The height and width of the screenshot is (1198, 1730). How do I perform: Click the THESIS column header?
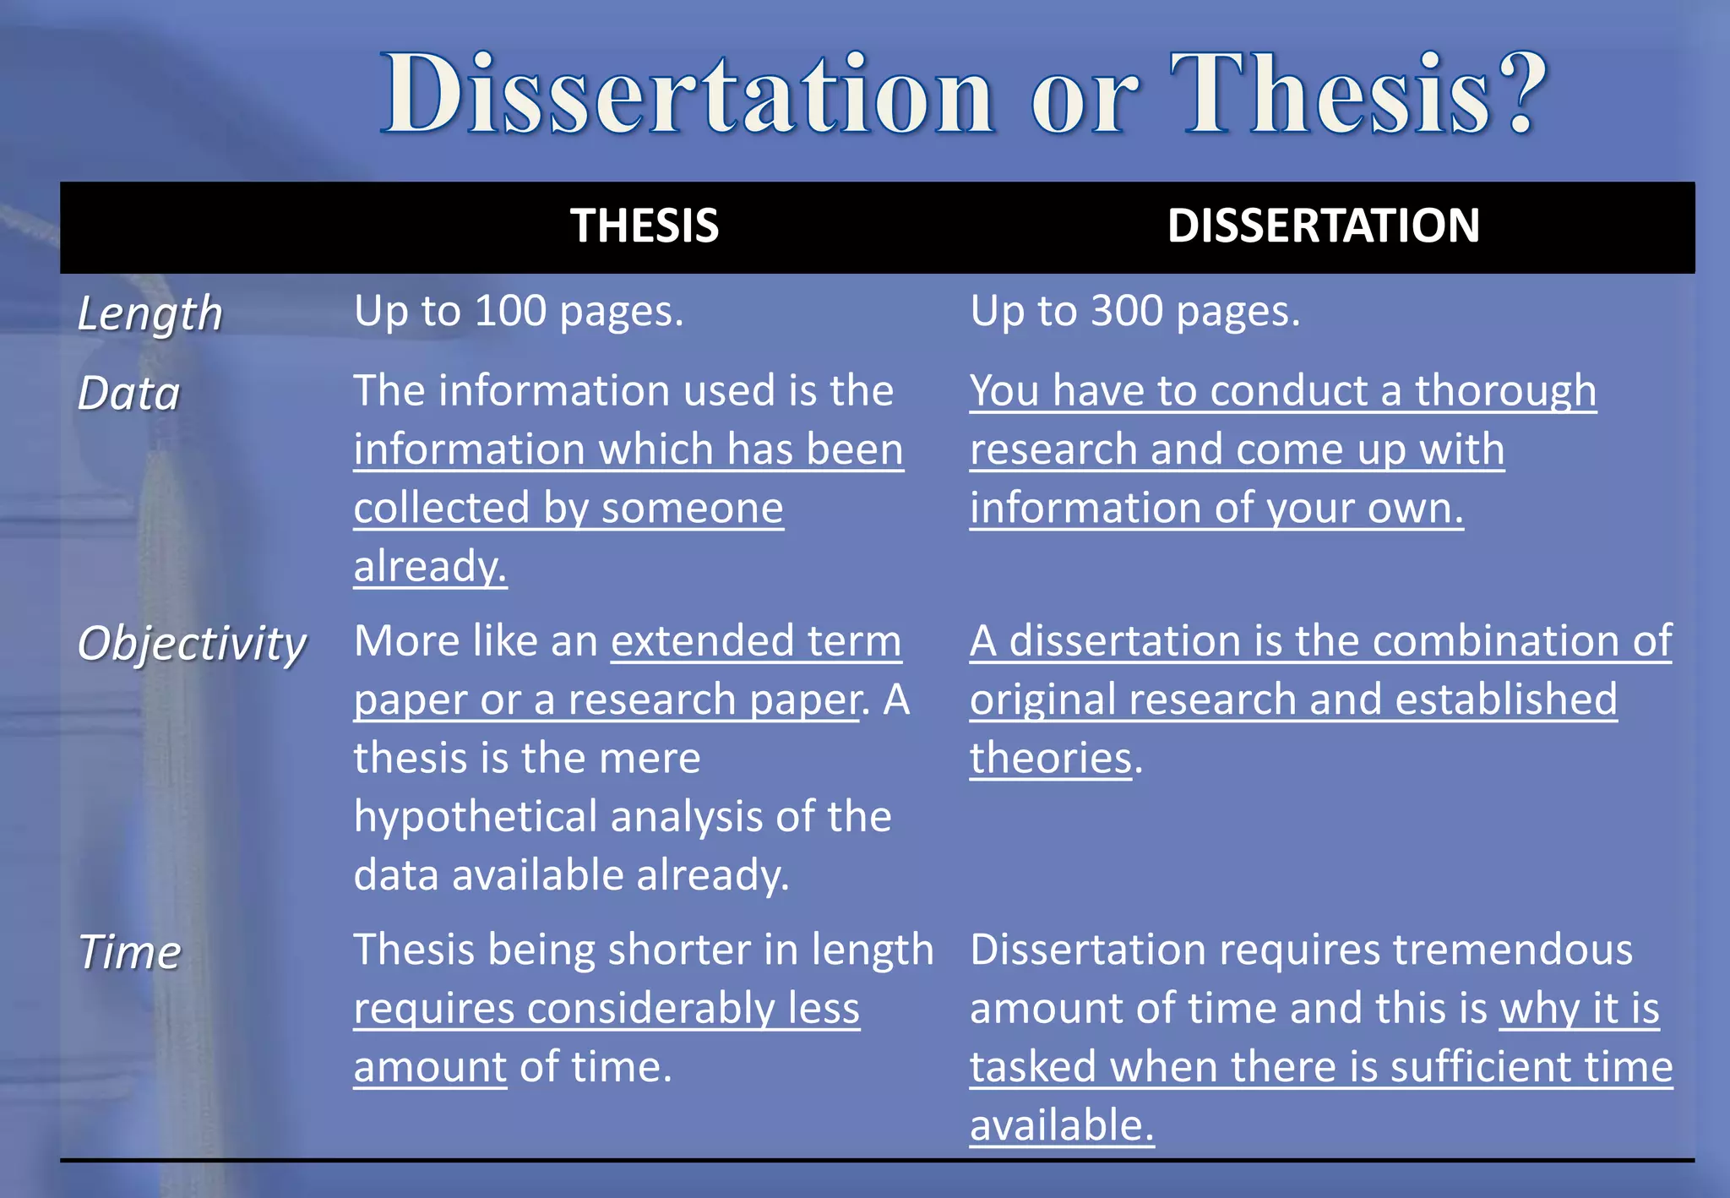[645, 226]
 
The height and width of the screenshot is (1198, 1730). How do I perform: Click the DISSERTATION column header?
[1323, 226]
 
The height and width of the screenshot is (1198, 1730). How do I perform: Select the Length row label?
[150, 314]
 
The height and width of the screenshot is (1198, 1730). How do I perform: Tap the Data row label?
[129, 394]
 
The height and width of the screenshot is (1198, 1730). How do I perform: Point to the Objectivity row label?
[192, 644]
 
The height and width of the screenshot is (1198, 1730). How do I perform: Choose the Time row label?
[130, 953]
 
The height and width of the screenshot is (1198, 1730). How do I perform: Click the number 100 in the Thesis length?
[510, 312]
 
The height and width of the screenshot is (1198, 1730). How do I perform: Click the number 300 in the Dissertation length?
[1127, 312]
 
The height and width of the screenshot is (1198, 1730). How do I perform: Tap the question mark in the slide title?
[1522, 93]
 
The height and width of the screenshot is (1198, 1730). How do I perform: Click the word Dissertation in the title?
[688, 95]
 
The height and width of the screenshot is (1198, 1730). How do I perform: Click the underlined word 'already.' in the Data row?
[430, 566]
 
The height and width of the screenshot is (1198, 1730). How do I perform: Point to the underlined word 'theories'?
[1050, 758]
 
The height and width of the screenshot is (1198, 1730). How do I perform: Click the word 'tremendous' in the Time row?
[1512, 950]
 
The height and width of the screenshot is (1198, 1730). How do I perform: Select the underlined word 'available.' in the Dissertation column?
[1061, 1125]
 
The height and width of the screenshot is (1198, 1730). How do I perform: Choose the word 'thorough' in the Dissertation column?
[1505, 391]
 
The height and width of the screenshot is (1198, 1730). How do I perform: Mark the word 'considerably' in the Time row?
[650, 1009]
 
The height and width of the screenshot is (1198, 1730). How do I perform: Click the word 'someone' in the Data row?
[692, 508]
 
